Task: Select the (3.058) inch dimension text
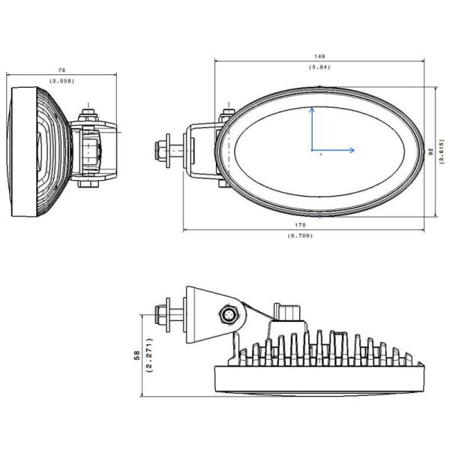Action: pyautogui.click(x=61, y=80)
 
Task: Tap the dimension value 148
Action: pyautogui.click(x=320, y=56)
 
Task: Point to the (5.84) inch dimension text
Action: pyautogui.click(x=320, y=67)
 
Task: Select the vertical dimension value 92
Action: pyautogui.click(x=430, y=151)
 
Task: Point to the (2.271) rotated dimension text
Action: pyautogui.click(x=150, y=356)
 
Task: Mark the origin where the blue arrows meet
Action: pyautogui.click(x=312, y=150)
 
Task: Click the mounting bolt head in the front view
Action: pyautogui.click(x=160, y=150)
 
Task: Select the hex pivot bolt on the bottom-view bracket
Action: pyautogui.click(x=229, y=314)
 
